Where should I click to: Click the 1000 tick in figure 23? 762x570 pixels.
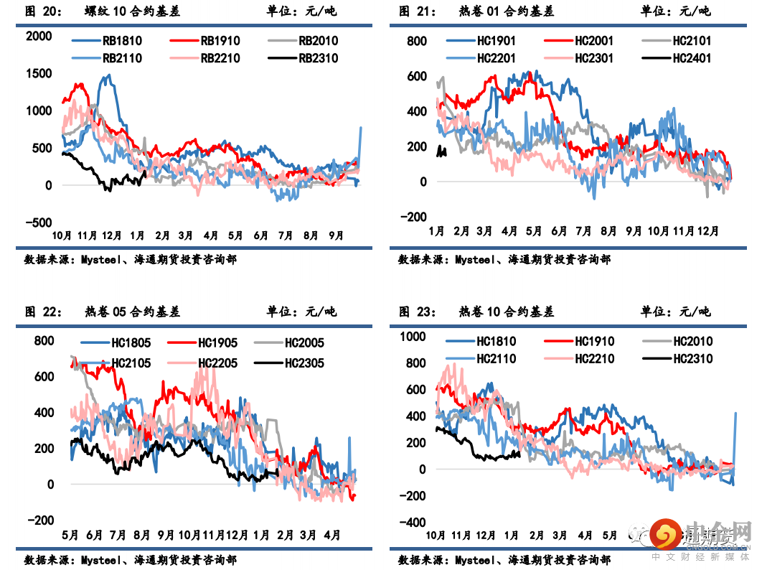tap(413, 337)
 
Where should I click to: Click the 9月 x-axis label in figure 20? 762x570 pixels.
tap(336, 235)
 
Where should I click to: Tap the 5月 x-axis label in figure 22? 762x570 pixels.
tap(70, 535)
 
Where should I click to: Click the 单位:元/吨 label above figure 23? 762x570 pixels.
tap(675, 312)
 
